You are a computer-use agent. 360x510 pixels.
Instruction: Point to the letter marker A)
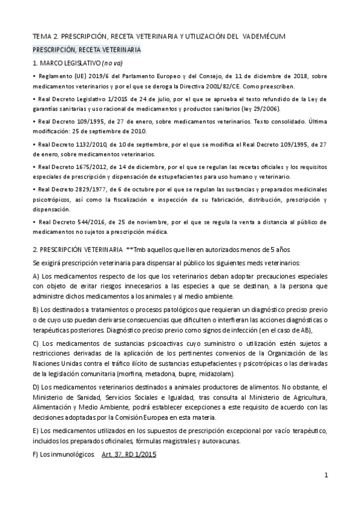coord(37,276)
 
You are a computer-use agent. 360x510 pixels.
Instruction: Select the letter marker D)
coord(37,387)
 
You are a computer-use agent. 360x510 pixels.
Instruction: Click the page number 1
coord(325,475)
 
